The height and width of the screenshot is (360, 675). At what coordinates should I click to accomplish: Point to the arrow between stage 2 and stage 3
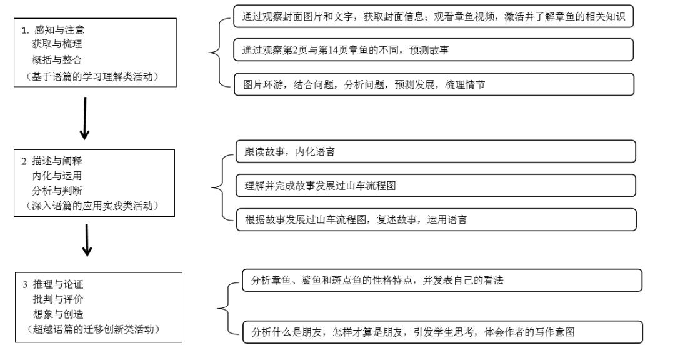click(x=88, y=241)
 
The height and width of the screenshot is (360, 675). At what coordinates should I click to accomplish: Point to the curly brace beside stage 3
click(x=224, y=306)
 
